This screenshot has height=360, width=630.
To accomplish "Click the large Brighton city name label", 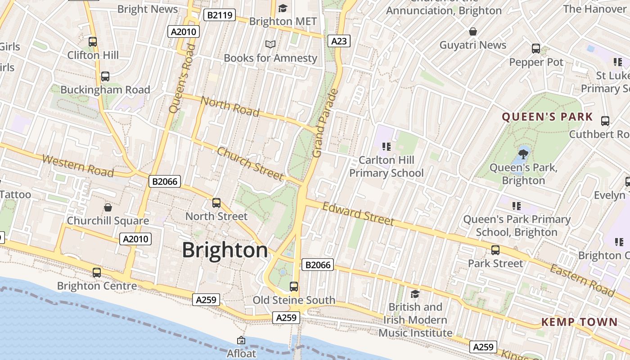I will coord(225,250).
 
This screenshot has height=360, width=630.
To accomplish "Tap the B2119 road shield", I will coord(220,15).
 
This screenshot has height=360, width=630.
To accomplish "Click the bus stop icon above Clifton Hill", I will coord(93,42).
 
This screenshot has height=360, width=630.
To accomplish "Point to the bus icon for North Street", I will coord(216,203).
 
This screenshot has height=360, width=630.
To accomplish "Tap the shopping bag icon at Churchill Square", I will coord(108,207).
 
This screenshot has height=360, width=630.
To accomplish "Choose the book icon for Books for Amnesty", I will coord(270,45).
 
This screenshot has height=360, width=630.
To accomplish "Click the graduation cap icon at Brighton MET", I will coord(283,8).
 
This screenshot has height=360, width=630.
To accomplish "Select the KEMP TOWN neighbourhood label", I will coord(579,322).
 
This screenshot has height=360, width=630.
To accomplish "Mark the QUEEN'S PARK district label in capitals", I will coord(547,117).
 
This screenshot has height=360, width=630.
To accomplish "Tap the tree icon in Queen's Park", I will coord(523,154).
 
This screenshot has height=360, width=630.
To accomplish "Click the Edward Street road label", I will coord(358,213).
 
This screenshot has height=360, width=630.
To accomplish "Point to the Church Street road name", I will coord(250,163).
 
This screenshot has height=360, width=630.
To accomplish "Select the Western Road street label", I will coord(78,165).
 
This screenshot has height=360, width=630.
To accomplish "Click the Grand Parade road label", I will coord(324,123).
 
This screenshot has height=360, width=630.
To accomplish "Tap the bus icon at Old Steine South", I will coord(294,287).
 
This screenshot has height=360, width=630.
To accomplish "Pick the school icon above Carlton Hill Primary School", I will coord(386,147).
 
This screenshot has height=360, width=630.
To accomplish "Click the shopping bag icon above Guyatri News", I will coord(473,31).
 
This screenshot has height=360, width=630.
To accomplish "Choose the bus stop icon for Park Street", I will coord(495,250).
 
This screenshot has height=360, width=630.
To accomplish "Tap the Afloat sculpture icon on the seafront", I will coord(241,340).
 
